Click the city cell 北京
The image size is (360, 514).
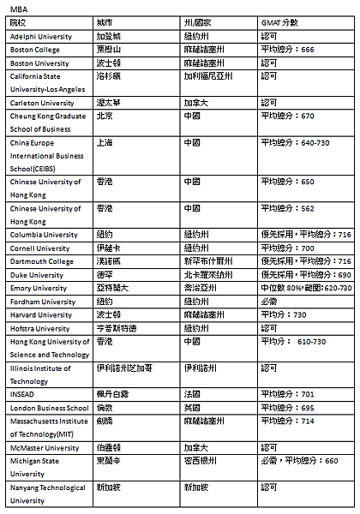click(x=105, y=116)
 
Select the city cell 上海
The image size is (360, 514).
click(x=105, y=142)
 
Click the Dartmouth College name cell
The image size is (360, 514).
click(x=42, y=261)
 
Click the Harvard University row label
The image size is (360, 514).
click(x=41, y=315)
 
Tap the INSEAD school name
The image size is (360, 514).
click(x=24, y=395)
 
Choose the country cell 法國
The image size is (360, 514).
click(x=191, y=395)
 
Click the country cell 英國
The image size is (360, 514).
click(x=191, y=409)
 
